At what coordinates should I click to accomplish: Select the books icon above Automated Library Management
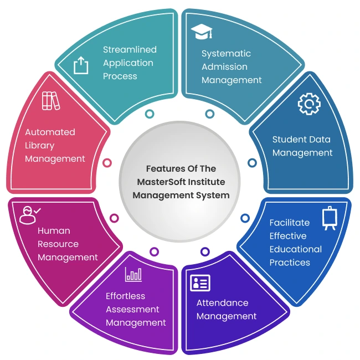50,101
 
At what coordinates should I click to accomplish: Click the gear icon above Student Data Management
308,104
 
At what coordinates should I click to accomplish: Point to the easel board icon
329,218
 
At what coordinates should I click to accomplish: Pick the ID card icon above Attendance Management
200,282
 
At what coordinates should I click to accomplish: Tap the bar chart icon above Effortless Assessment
133,273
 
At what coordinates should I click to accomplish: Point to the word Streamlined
130,49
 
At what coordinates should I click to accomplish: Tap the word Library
40,145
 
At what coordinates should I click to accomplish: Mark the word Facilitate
290,223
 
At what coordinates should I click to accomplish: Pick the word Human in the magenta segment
54,230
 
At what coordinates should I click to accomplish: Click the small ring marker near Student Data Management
252,163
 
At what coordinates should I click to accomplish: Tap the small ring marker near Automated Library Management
107,163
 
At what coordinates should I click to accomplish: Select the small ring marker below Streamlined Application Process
149,114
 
